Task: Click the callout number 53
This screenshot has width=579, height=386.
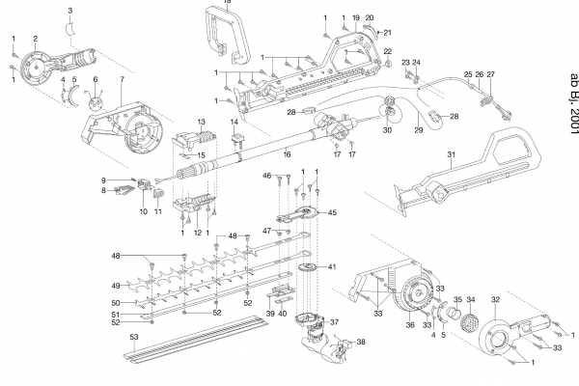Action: point(135,336)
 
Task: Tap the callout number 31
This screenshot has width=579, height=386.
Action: point(451,154)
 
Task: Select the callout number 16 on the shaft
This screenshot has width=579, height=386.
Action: point(287,152)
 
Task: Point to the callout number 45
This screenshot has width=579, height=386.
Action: point(332,212)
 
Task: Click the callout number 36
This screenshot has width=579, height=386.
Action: point(409,326)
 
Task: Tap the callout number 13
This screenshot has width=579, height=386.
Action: point(203,121)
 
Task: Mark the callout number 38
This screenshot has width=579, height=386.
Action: point(361,342)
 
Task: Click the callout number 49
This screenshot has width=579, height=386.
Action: point(115,286)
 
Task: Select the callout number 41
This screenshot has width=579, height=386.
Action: point(332,266)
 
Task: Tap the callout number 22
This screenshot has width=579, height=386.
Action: point(388,50)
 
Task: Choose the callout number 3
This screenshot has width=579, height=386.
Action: point(69,10)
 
